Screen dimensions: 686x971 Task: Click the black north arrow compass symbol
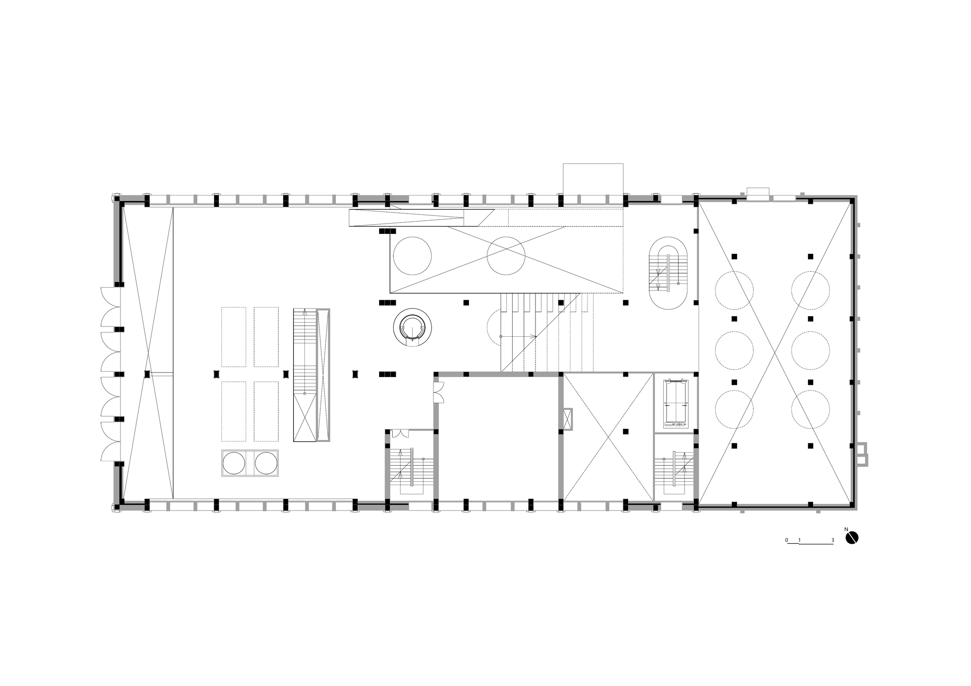pos(853,538)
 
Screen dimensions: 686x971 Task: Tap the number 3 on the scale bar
pos(833,540)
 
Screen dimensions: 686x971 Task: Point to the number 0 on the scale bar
pos(787,540)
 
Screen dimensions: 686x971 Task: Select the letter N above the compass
pos(846,529)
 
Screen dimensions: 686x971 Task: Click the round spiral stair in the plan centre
pos(412,327)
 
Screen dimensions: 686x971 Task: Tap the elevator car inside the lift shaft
pos(676,402)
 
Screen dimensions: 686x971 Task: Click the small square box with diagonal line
pos(567,419)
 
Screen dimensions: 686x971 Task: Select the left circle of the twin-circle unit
pos(234,463)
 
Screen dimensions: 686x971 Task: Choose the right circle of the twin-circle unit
pos(266,463)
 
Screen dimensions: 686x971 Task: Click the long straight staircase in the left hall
pos(305,375)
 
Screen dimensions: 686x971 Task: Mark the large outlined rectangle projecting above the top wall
pos(593,179)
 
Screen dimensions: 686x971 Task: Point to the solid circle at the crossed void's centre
pos(506,256)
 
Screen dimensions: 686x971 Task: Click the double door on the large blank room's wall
pos(439,392)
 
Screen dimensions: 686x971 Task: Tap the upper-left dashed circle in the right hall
pos(734,291)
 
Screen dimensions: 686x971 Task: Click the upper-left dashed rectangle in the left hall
pos(234,337)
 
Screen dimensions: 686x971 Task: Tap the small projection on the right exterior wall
pos(862,454)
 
